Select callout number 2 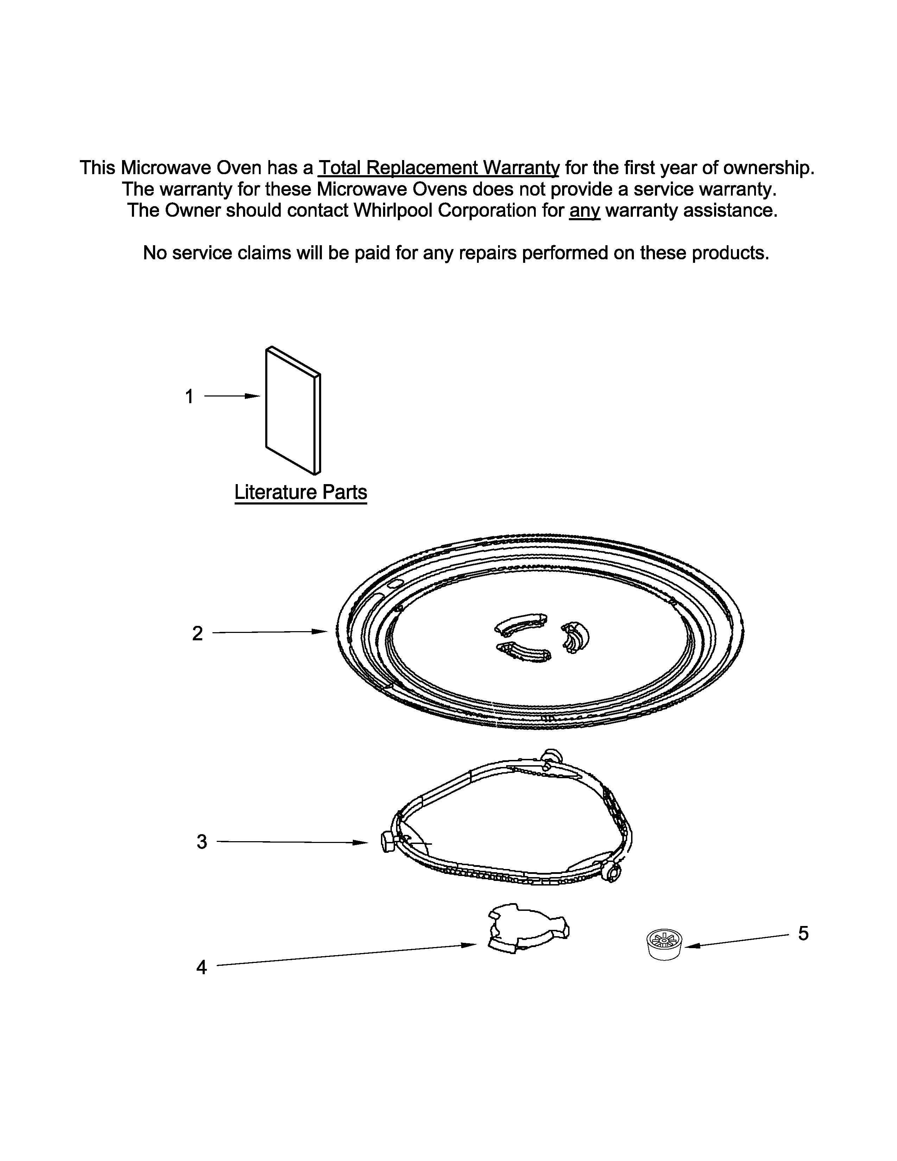coord(197,633)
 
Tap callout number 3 coord(202,842)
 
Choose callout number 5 coord(803,933)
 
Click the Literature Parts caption coord(301,492)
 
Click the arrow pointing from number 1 coord(232,396)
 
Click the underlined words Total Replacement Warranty coord(438,168)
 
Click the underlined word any coord(585,210)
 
